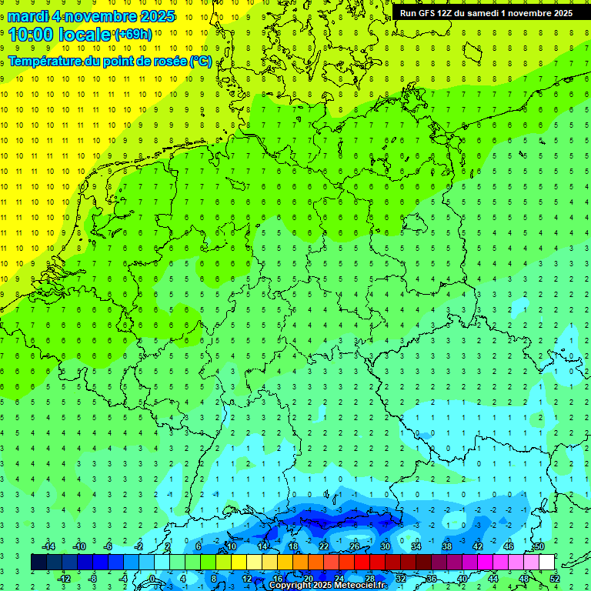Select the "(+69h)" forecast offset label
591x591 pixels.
tap(132, 35)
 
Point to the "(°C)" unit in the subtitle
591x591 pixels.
tap(200, 61)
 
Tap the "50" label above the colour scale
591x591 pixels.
tap(539, 546)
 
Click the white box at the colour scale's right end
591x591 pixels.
tap(546, 562)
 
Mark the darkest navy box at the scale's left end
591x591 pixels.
tap(38, 562)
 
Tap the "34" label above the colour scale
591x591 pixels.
tap(416, 546)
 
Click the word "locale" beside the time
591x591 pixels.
tap(88, 35)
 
